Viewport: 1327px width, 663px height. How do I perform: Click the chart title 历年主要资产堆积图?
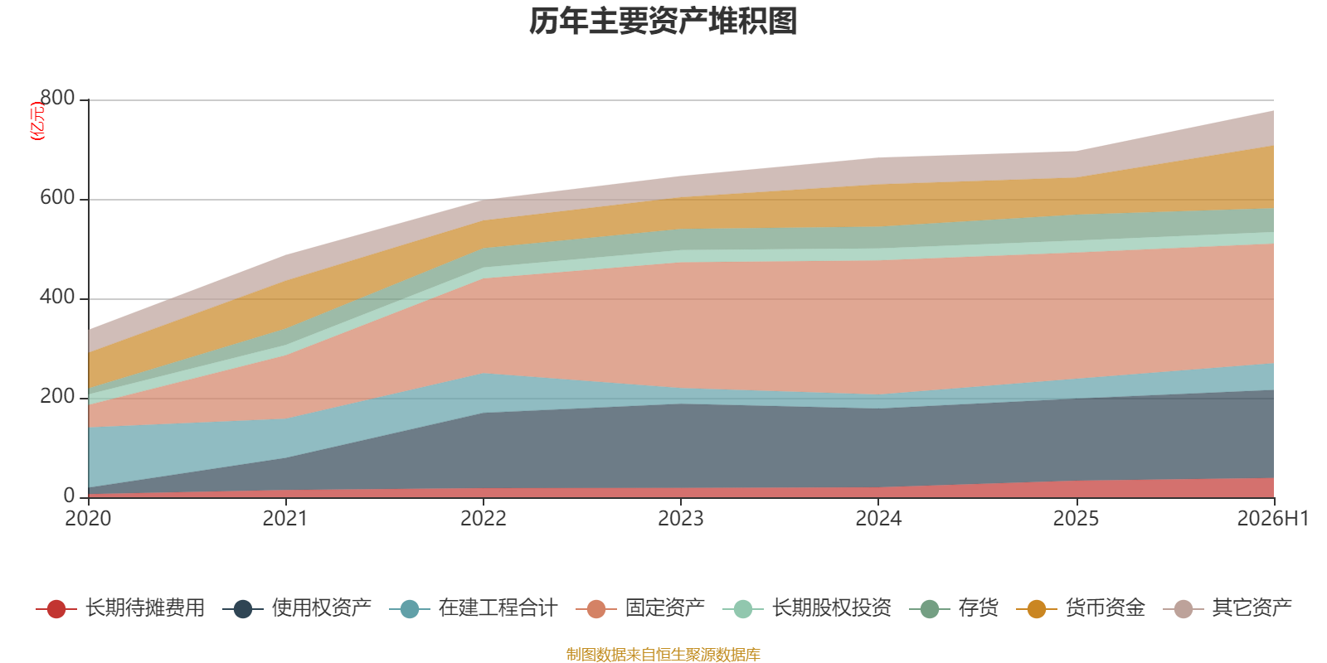tap(663, 22)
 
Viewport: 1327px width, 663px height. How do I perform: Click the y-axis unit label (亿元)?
tap(37, 120)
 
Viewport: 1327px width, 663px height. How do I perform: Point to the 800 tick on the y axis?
tap(57, 98)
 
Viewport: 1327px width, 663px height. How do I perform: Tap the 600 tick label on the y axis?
tap(57, 197)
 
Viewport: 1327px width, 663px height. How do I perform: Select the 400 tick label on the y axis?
tap(57, 297)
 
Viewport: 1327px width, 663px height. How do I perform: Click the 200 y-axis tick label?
tap(57, 396)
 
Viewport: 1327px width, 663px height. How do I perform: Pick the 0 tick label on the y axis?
tap(70, 496)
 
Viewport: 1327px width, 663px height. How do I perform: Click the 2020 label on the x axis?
tap(88, 519)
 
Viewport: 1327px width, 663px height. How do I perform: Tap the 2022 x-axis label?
tap(484, 519)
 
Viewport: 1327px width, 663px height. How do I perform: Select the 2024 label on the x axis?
tap(878, 519)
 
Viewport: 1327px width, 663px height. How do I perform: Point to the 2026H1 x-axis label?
tap(1273, 519)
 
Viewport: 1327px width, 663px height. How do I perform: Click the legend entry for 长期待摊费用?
tap(119, 608)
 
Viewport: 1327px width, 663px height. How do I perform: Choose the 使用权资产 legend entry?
tap(297, 608)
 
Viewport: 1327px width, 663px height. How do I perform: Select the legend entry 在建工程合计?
tap(474, 608)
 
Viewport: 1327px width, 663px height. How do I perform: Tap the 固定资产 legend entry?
tap(639, 608)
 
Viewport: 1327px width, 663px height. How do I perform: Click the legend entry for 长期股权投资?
tap(807, 608)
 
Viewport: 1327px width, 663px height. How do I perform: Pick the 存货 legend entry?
tap(954, 608)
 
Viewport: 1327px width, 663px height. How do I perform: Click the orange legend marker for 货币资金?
tap(1036, 608)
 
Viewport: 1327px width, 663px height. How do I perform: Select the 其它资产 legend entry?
tap(1227, 608)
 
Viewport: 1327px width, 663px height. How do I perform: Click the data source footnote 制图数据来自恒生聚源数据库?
tap(663, 654)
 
